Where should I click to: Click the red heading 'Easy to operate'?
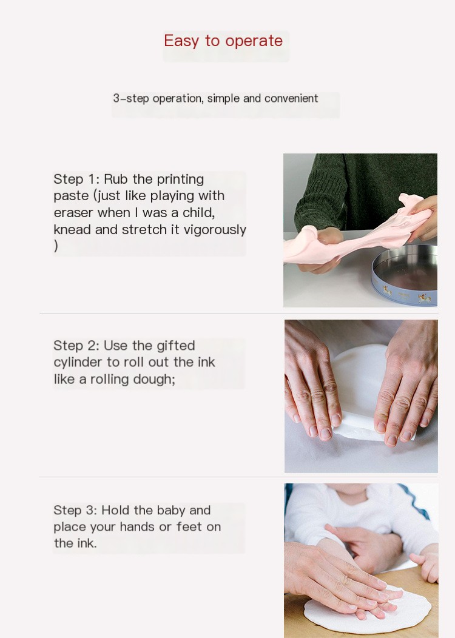tap(223, 41)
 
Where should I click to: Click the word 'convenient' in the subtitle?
tap(291, 98)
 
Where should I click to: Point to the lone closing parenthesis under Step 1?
tap(56, 246)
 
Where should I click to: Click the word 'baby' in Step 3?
tap(171, 511)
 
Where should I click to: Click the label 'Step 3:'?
tap(75, 510)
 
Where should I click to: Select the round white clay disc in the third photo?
tap(368, 610)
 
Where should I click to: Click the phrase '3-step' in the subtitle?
tap(130, 98)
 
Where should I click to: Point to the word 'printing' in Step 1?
tap(180, 180)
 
